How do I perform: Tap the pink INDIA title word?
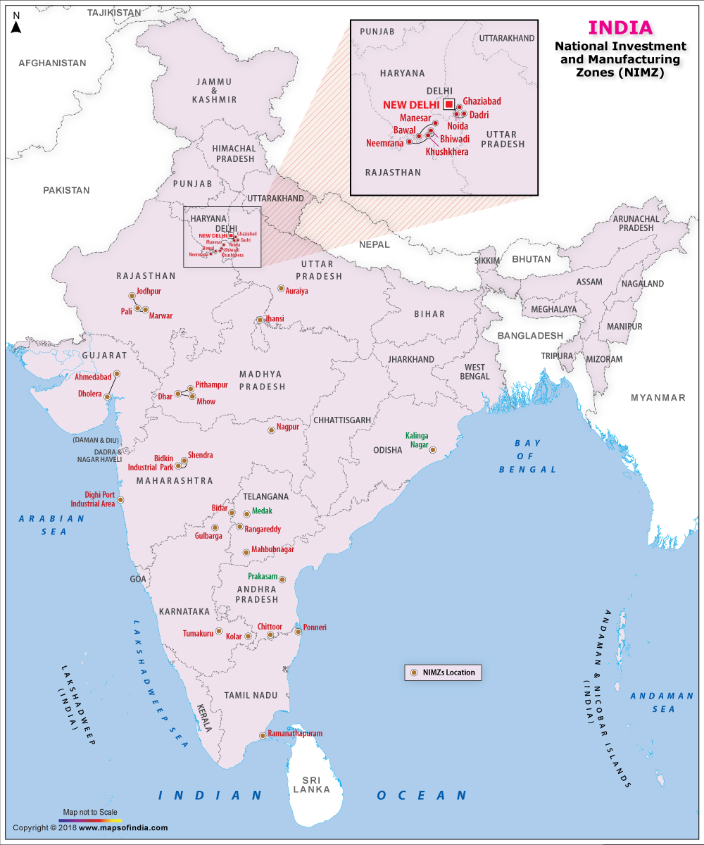pos(620,28)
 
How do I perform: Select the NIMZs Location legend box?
pos(443,672)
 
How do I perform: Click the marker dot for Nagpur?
pos(271,430)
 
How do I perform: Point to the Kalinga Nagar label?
pos(417,440)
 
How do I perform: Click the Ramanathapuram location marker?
pos(263,736)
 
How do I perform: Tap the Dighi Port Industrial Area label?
pos(92,499)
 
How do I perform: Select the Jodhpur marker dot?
pos(132,296)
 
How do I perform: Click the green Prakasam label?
pos(262,576)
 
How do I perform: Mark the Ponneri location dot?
pos(298,632)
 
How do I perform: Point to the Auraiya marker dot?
pos(281,289)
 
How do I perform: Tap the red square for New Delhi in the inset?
pos(448,104)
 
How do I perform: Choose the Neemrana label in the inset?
pos(384,143)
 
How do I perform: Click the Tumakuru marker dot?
pos(219,631)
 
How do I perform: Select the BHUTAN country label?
pos(531,259)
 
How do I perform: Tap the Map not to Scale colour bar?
pos(90,820)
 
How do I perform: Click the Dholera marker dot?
pos(107,397)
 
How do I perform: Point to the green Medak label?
pos(262,511)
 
